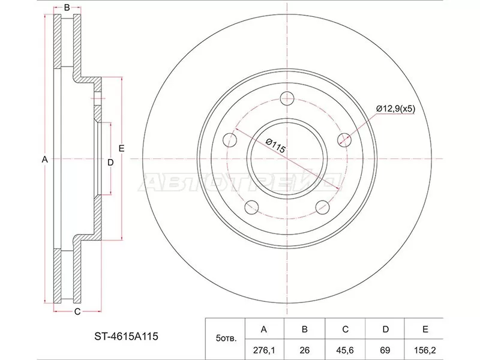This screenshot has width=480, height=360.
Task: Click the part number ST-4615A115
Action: click(x=126, y=337)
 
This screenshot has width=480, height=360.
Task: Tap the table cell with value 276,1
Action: click(x=265, y=349)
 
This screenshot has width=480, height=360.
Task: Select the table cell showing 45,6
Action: click(x=345, y=349)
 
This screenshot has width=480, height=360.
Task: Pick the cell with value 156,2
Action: click(x=424, y=349)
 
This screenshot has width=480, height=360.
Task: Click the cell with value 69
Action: click(x=385, y=349)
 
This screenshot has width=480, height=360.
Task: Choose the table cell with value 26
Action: click(x=305, y=349)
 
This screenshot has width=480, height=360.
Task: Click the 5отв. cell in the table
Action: click(x=226, y=338)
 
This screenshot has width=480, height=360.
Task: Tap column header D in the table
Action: click(x=385, y=329)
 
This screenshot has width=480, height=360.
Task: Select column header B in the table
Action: click(x=305, y=329)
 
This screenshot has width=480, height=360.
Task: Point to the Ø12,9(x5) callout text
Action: click(x=395, y=109)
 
